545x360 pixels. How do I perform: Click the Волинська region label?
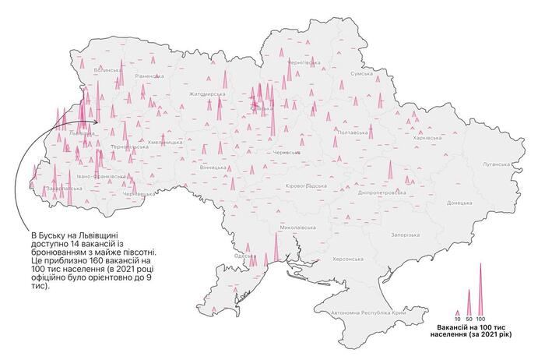pos(108,71)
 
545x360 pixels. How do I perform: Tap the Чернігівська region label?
pos(304,61)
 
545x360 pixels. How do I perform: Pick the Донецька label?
pos(459,203)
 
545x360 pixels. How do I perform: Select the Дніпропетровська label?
pos(379,192)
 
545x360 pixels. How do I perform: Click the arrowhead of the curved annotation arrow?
pos(95,122)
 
